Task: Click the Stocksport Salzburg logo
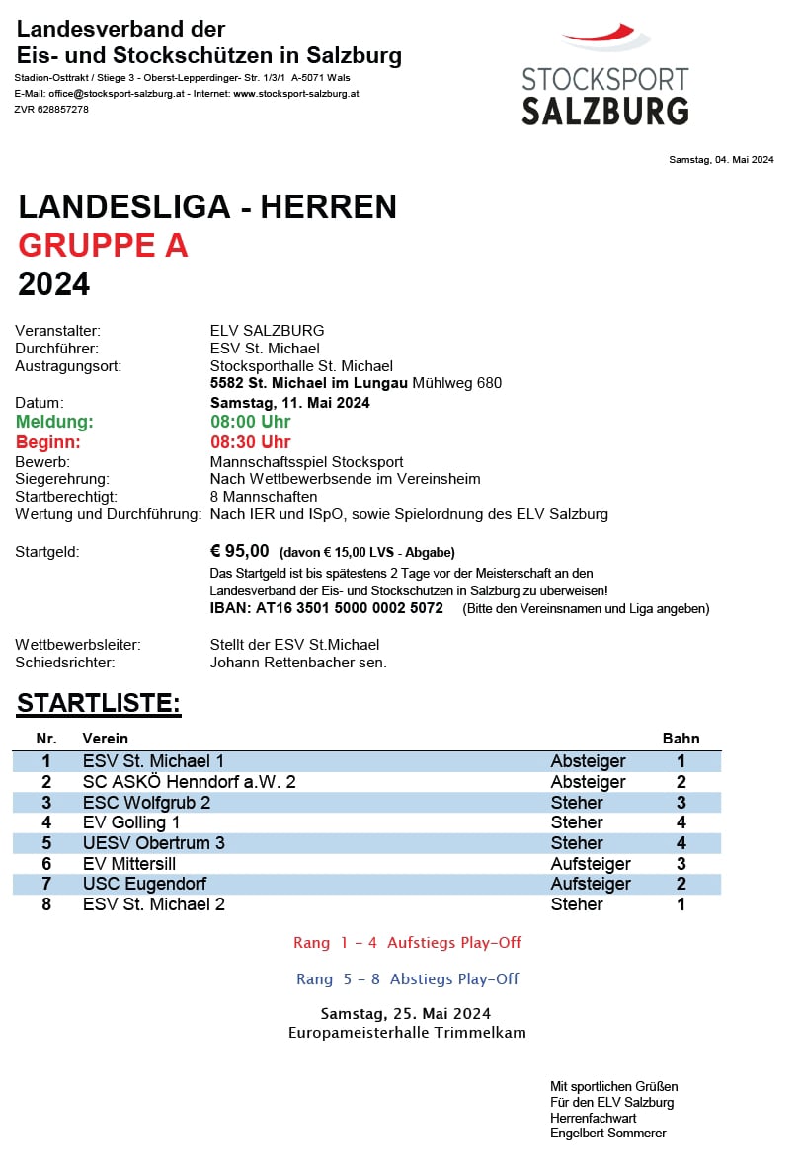click(604, 77)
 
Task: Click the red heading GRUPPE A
click(103, 246)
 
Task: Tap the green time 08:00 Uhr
click(251, 422)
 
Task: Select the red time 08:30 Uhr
click(251, 442)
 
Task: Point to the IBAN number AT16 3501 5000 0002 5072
click(327, 608)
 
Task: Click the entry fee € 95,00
click(240, 551)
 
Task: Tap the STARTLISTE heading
click(99, 704)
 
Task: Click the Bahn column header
click(681, 738)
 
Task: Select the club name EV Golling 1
click(131, 822)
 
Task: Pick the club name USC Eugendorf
click(144, 884)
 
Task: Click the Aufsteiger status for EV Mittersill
click(591, 864)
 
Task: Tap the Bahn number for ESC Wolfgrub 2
click(681, 803)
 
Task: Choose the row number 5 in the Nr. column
click(45, 843)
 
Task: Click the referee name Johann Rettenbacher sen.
click(298, 663)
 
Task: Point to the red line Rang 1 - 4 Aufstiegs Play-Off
click(407, 943)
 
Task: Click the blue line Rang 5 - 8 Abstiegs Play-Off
click(407, 979)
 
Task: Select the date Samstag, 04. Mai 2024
click(721, 160)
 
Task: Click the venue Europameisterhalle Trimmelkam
click(407, 1033)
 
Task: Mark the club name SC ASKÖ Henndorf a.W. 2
click(190, 782)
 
